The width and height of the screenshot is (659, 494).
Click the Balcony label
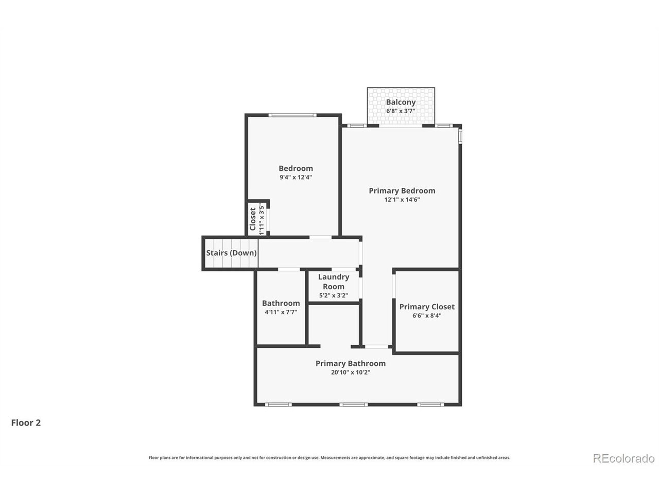tap(401, 102)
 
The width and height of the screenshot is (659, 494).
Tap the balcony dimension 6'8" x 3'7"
tap(401, 111)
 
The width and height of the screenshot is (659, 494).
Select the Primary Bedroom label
tap(402, 190)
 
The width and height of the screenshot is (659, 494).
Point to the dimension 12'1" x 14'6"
tap(402, 200)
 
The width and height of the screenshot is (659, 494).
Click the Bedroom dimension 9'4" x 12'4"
tap(296, 177)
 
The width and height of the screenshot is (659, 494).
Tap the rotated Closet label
tap(253, 219)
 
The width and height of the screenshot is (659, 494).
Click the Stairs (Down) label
tap(231, 253)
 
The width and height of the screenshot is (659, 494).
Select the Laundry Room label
tap(333, 281)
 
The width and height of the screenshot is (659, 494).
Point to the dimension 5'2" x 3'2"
tap(333, 295)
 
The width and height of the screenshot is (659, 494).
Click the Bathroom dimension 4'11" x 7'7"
tap(281, 312)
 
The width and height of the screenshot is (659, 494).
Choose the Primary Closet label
tap(427, 307)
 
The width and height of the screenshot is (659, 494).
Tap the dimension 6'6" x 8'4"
tap(427, 316)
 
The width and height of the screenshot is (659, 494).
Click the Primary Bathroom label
tap(350, 363)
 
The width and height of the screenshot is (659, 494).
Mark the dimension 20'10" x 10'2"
tap(350, 373)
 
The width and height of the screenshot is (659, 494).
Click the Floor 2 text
tap(26, 423)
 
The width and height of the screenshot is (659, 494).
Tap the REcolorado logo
tap(623, 457)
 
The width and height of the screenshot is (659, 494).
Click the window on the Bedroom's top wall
tap(292, 115)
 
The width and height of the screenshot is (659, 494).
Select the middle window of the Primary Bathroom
tap(353, 404)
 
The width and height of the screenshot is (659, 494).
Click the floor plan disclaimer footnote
tap(329, 457)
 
